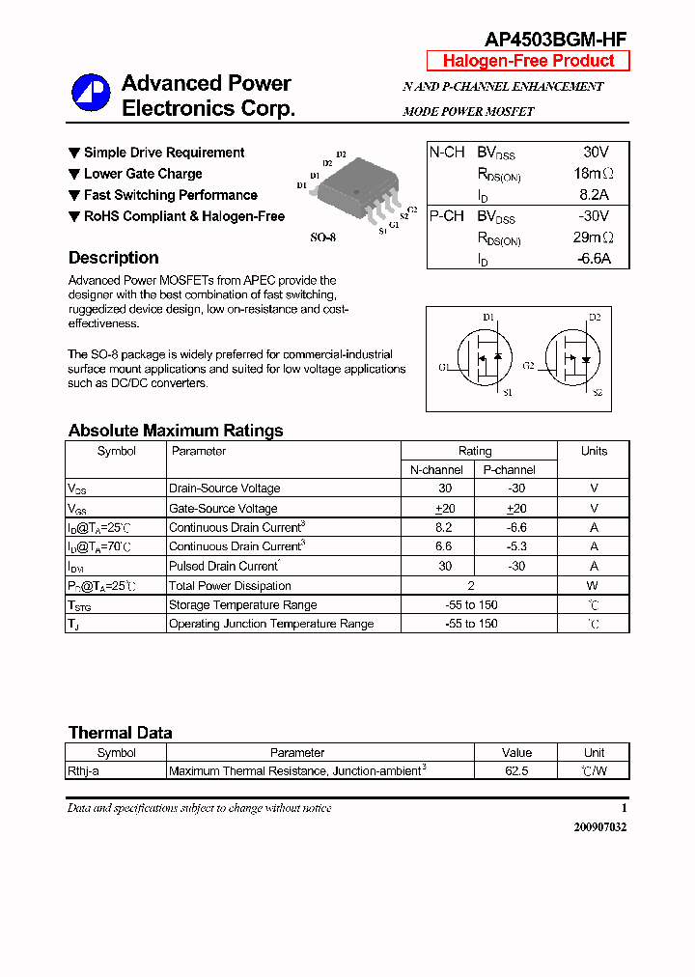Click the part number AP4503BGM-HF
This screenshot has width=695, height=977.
[x=555, y=39]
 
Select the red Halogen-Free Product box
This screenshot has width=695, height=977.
[x=528, y=61]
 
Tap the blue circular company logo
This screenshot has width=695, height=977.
[x=91, y=94]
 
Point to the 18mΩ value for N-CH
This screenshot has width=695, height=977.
[x=593, y=174]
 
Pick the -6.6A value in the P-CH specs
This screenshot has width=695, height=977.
[x=593, y=259]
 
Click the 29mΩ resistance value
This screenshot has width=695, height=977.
[x=593, y=237]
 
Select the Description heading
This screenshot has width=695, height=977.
[x=113, y=258]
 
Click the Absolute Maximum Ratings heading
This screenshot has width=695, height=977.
[x=176, y=431]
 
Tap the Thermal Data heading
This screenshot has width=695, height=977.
[x=120, y=733]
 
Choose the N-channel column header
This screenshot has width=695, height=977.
[x=436, y=470]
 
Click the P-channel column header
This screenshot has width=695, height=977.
[x=509, y=470]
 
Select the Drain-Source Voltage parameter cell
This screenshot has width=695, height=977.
[x=225, y=488]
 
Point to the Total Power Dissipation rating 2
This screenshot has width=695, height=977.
[x=470, y=586]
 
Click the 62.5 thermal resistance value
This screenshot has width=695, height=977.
[x=516, y=771]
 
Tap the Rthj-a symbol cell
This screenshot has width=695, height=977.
[x=88, y=771]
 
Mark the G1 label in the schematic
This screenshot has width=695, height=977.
[x=444, y=368]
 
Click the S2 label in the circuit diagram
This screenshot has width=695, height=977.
[x=597, y=393]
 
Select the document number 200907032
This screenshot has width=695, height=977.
[x=599, y=827]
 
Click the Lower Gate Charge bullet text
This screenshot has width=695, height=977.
[x=143, y=174]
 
